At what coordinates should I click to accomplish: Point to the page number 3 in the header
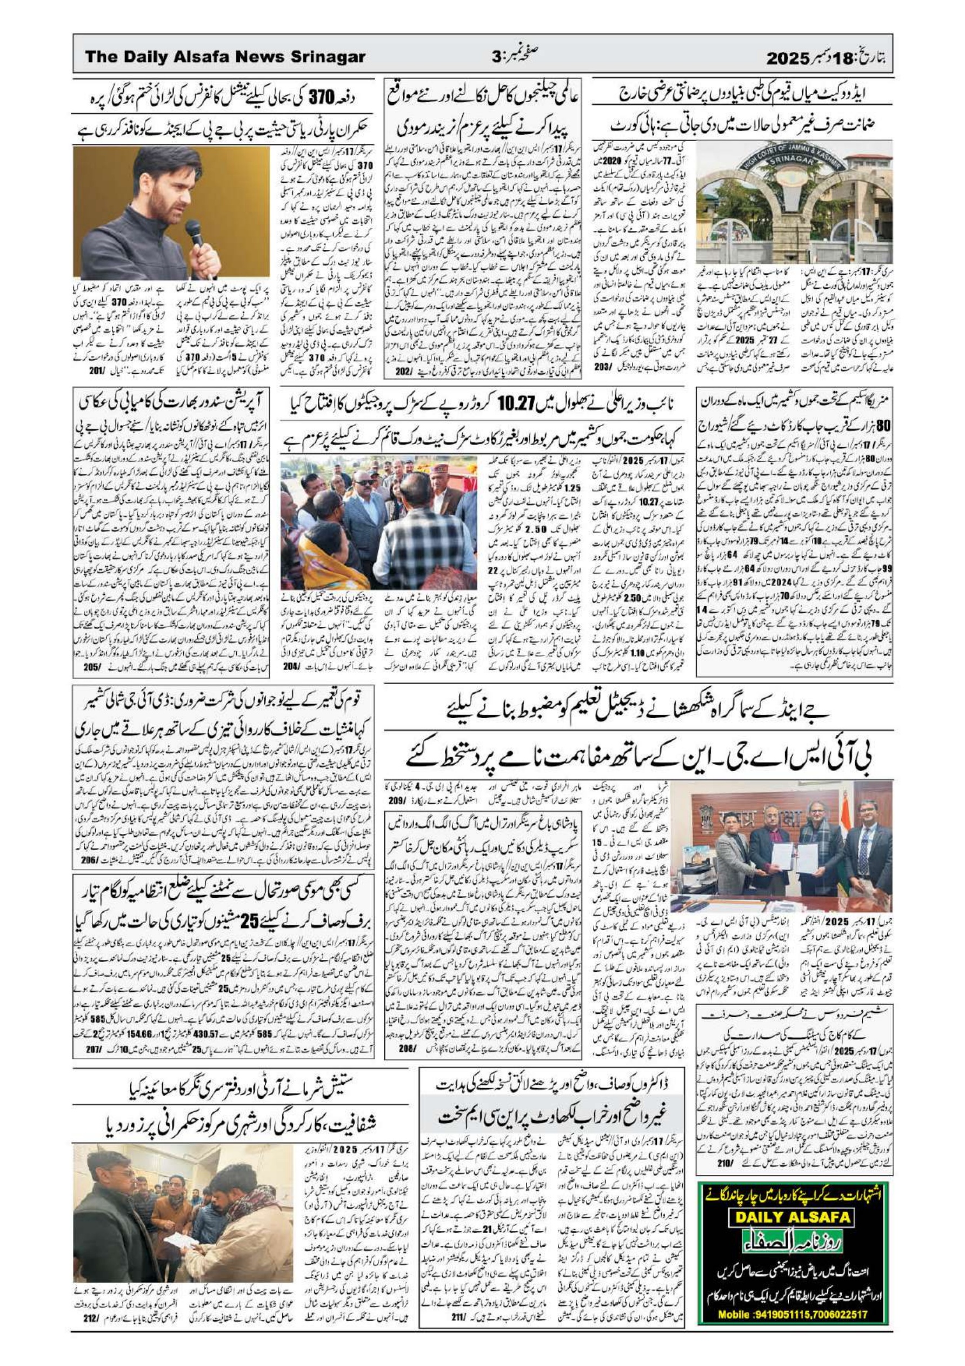point(497,58)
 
